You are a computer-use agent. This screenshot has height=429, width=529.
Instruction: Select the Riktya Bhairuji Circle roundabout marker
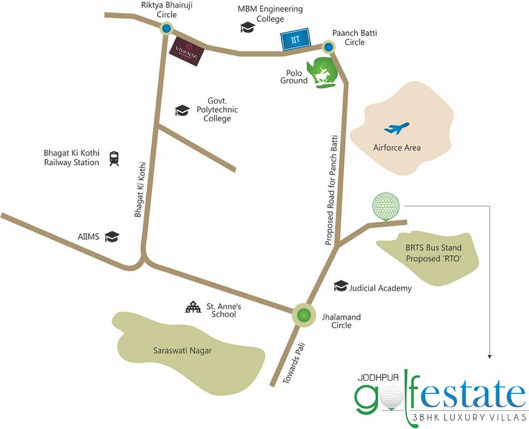coord(166,29)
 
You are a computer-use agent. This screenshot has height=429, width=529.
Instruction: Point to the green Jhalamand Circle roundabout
coord(303,316)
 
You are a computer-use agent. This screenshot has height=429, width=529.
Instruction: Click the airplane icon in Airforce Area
coord(396,128)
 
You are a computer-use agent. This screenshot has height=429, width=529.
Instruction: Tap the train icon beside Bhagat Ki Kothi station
coord(114,158)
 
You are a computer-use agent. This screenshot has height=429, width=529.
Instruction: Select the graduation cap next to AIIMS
coord(113,237)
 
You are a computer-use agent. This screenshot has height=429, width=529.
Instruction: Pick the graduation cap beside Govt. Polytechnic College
coord(182,110)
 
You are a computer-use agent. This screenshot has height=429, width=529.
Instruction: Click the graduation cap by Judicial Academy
coord(340,287)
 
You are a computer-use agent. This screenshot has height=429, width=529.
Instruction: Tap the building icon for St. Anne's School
coord(193,307)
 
